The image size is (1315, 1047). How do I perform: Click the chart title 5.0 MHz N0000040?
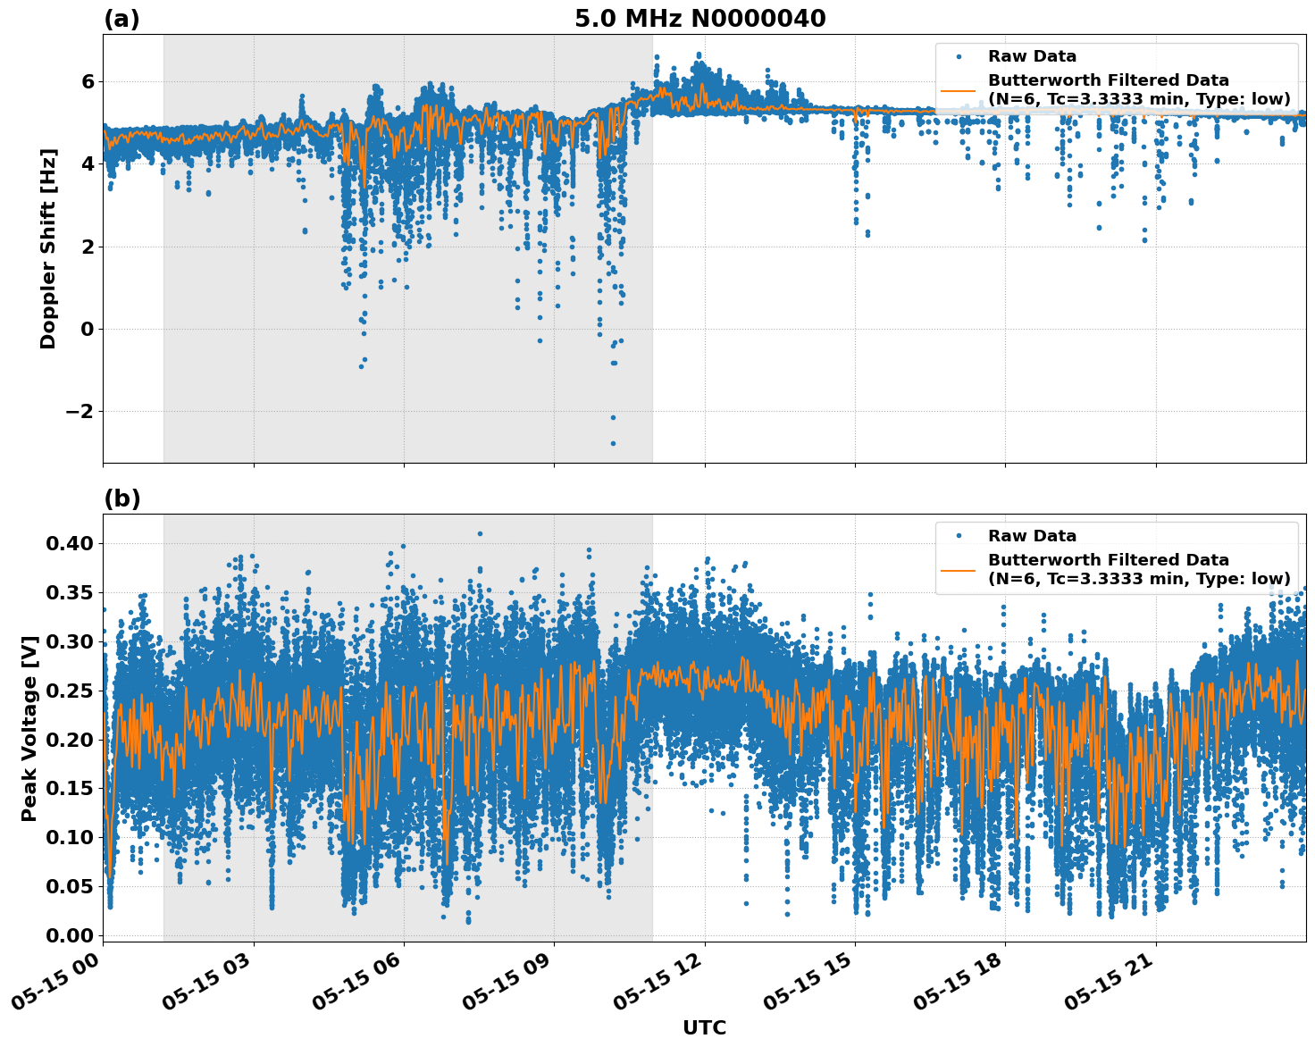(699, 19)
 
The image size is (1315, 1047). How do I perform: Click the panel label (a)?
(121, 19)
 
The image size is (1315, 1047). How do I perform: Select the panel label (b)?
(121, 498)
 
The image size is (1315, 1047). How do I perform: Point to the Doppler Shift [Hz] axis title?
(48, 248)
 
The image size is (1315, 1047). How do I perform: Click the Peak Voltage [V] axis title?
(29, 728)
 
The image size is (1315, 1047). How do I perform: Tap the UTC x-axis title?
(704, 1027)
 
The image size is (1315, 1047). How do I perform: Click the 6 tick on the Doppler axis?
(88, 81)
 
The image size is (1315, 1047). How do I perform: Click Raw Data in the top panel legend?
(1032, 56)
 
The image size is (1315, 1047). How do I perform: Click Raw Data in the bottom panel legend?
(1032, 536)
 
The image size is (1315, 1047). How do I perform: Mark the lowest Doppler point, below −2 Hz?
(613, 443)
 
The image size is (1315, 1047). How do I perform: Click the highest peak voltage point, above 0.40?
(480, 533)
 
